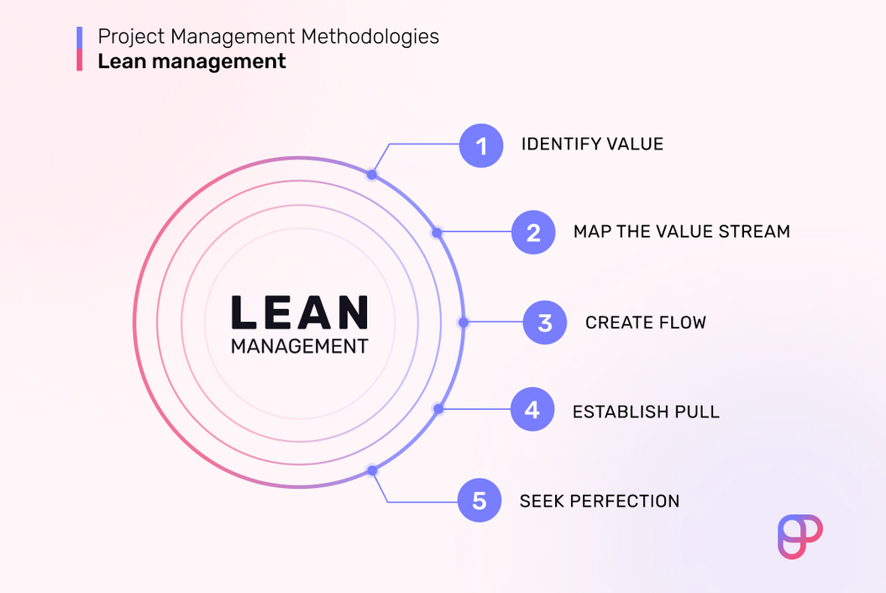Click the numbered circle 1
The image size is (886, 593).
coord(481,145)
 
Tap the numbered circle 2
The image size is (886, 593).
coord(533,233)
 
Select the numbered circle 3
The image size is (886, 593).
coord(545,323)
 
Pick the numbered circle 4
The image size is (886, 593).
coord(532,409)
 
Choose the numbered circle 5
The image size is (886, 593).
coord(480,501)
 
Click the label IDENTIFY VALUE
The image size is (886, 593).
coord(592,144)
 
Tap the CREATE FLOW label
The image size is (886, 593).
coord(645,323)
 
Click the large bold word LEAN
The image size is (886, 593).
coord(300,312)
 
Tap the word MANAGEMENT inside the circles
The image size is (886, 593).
coord(300,346)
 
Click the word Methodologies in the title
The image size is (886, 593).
coord(370,37)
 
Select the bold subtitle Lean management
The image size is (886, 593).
coord(191,61)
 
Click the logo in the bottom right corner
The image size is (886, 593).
coord(800,537)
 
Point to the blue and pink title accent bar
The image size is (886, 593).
coord(80,49)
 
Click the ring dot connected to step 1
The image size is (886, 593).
coord(372,175)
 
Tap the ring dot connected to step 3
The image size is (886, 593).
coord(464,323)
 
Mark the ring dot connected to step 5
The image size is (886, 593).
coord(372,470)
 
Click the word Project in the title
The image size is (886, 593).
coord(132,37)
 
